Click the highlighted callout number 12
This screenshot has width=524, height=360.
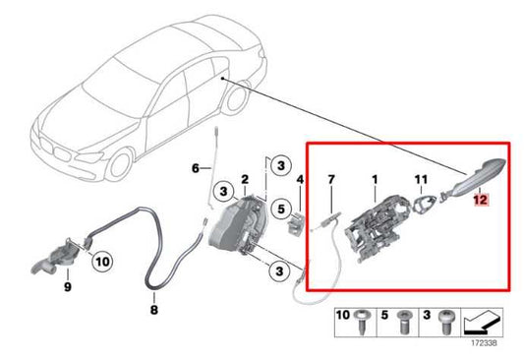(480, 199)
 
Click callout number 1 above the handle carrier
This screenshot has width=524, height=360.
(374, 180)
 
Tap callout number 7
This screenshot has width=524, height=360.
(331, 180)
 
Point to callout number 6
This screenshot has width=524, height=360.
(195, 169)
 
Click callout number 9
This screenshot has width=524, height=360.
(68, 287)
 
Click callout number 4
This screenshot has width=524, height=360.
(299, 180)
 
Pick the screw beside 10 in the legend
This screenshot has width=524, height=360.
(365, 321)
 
